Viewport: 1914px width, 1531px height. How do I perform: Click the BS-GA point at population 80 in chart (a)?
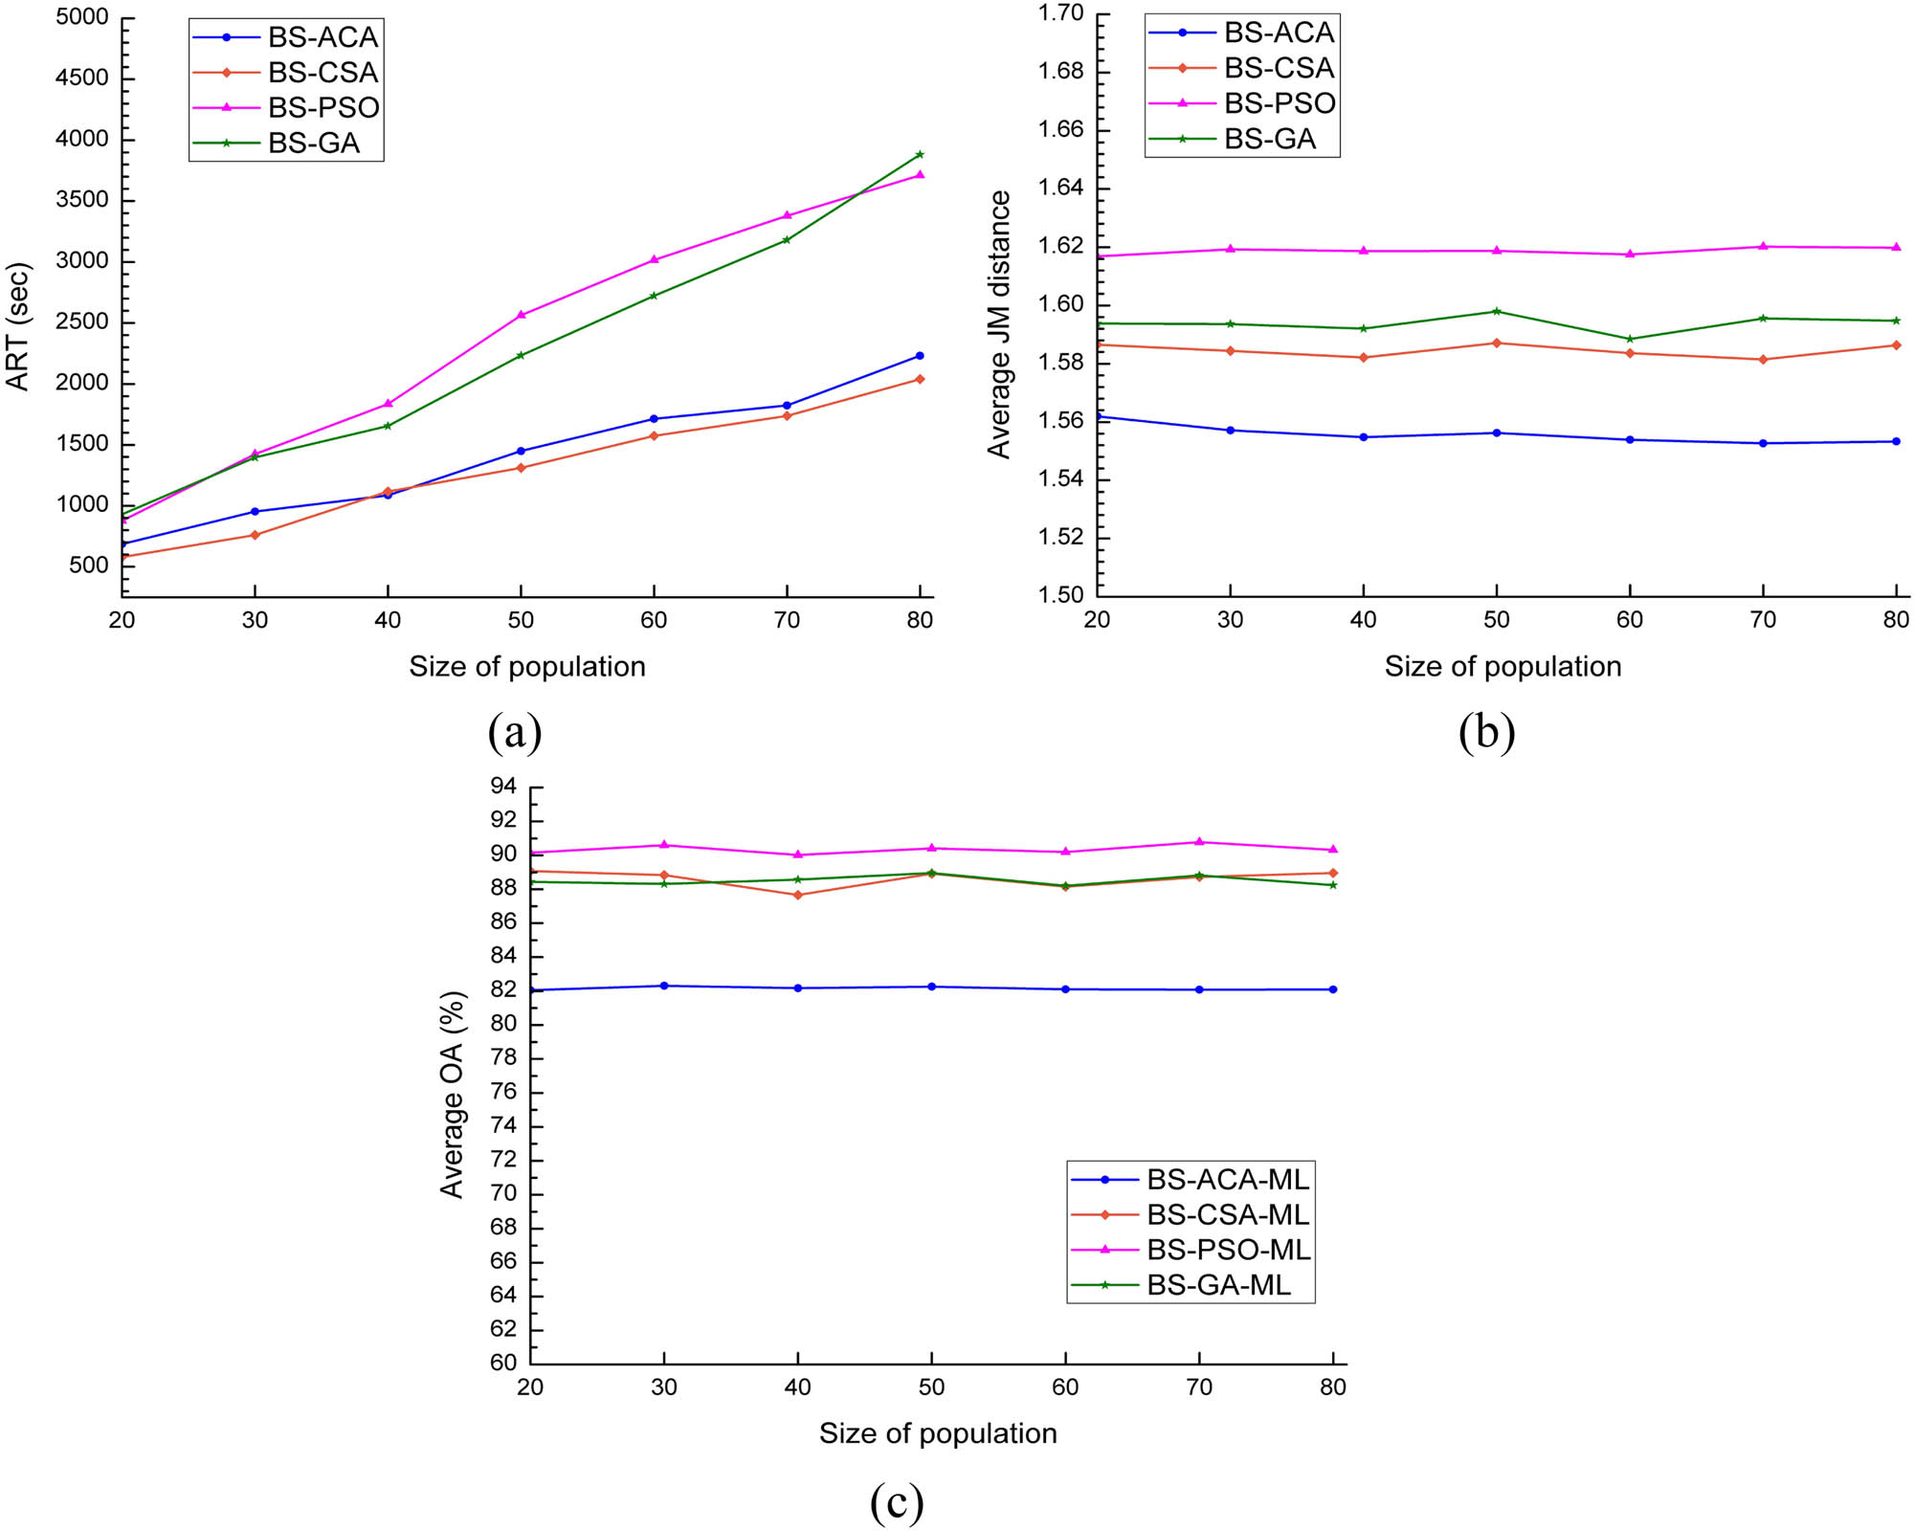pyautogui.click(x=920, y=154)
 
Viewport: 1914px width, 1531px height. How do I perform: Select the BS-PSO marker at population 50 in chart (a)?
pyautogui.click(x=521, y=315)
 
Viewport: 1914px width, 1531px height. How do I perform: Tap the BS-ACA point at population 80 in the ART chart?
pyautogui.click(x=920, y=356)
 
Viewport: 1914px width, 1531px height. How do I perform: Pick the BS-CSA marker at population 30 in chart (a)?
pyautogui.click(x=255, y=535)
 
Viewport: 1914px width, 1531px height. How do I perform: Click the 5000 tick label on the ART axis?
pyautogui.click(x=82, y=17)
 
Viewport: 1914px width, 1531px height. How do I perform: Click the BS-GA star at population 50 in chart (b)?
pyautogui.click(x=1497, y=311)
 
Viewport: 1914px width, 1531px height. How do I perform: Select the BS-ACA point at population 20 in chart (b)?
pyautogui.click(x=1099, y=416)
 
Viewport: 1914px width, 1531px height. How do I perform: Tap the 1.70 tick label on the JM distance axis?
pyautogui.click(x=1061, y=12)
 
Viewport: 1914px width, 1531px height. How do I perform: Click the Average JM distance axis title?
pyautogui.click(x=999, y=324)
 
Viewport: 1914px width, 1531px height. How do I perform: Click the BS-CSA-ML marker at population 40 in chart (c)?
pyautogui.click(x=798, y=895)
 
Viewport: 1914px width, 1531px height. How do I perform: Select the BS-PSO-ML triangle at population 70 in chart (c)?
pyautogui.click(x=1199, y=842)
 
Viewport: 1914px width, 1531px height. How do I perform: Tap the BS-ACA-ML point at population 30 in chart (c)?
pyautogui.click(x=664, y=986)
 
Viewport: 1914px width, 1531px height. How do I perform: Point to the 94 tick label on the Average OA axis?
pyautogui.click(x=502, y=787)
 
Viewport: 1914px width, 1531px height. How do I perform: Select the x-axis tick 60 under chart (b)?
pyautogui.click(x=1630, y=620)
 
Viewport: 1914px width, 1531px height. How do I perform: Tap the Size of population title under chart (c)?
pyautogui.click(x=938, y=1433)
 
